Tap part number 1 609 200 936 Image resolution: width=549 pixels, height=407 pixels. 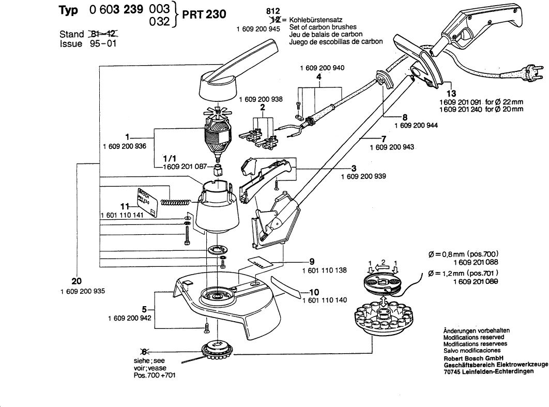click(x=125, y=146)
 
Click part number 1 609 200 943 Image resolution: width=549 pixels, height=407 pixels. click(x=392, y=148)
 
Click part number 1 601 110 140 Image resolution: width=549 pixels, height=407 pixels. click(x=324, y=300)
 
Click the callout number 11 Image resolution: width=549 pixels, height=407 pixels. click(x=124, y=206)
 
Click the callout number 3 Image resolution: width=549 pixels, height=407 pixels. click(x=354, y=168)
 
